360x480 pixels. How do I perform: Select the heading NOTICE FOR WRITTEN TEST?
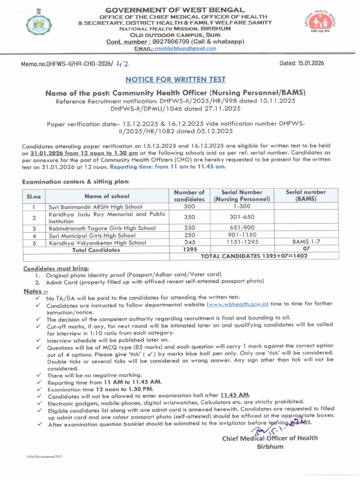pyautogui.click(x=175, y=79)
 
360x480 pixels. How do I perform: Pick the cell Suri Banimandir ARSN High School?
pyautogui.click(x=96, y=206)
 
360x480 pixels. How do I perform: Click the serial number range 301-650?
pyautogui.click(x=242, y=217)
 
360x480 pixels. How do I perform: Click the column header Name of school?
pyautogui.click(x=107, y=196)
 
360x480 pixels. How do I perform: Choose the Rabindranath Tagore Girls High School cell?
pyautogui.click(x=102, y=228)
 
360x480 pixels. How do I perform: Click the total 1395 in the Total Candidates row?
pyautogui.click(x=189, y=249)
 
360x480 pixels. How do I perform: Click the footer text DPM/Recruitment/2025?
pyautogui.click(x=44, y=456)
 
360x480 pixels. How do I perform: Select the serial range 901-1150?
pyautogui.click(x=242, y=235)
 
